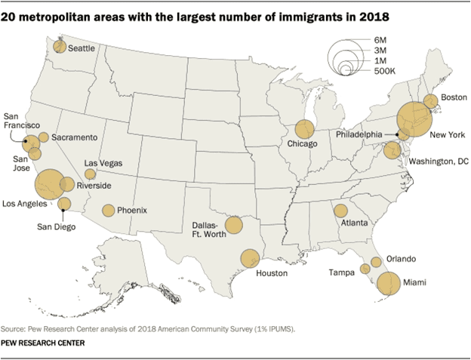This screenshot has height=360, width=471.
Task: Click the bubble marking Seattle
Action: tap(60, 46)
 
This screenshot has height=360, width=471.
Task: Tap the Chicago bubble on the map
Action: tap(305, 130)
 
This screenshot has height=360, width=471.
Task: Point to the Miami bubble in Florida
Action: tap(389, 284)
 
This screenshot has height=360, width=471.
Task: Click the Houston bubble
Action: tap(250, 259)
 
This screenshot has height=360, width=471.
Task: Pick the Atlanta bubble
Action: tap(340, 211)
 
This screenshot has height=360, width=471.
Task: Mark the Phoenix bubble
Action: tap(109, 211)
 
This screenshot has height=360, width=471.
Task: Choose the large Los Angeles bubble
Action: tap(49, 183)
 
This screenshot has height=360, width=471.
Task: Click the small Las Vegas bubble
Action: tap(91, 174)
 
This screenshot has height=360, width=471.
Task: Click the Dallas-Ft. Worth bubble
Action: tap(234, 225)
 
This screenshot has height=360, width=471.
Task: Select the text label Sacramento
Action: tap(74, 137)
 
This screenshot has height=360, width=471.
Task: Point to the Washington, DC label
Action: tap(440, 162)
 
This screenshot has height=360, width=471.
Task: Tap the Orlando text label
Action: tap(401, 258)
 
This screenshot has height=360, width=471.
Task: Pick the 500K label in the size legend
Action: tap(375, 72)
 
